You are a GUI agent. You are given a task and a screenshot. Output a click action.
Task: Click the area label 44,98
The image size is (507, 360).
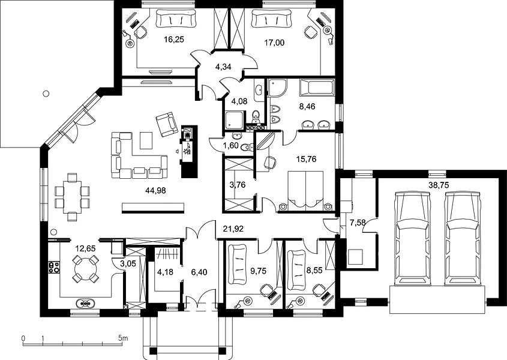155,191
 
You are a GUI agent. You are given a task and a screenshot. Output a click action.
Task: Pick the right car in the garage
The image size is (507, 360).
463,239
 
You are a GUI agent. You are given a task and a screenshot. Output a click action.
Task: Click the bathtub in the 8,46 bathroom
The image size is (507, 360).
317,88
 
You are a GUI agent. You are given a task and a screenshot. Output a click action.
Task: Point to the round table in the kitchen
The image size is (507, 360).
85,269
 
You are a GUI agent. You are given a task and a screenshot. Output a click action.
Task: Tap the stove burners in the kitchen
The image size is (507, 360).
53,267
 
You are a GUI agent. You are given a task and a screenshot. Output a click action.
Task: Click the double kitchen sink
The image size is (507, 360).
85,304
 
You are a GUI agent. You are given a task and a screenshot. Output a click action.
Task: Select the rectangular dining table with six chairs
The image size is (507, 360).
72,197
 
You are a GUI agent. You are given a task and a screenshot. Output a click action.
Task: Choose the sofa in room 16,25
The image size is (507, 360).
176,19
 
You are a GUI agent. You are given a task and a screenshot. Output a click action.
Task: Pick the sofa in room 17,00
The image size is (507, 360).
271,19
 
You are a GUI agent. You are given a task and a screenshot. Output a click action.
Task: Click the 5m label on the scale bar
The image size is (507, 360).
123,338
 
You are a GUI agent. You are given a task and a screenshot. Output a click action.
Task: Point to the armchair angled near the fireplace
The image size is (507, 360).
167,124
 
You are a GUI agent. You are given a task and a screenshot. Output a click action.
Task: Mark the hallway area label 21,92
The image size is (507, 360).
233,229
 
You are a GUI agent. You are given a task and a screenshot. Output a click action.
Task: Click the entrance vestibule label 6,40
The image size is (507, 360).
199,272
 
